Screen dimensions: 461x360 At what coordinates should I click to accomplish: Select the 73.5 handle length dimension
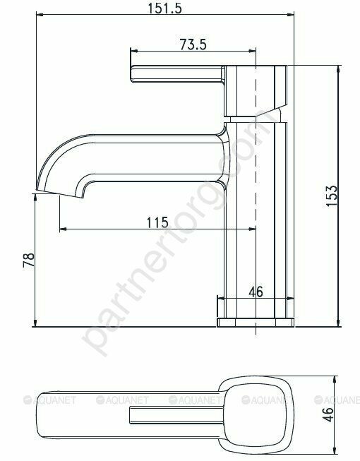click(x=193, y=44)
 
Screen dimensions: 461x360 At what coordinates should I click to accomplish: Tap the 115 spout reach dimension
click(x=157, y=222)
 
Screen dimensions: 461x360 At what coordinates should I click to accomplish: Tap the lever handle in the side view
click(x=176, y=76)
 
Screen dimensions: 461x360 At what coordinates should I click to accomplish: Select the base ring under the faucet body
click(x=255, y=322)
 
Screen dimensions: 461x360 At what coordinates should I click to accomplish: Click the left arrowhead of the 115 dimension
click(x=61, y=229)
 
